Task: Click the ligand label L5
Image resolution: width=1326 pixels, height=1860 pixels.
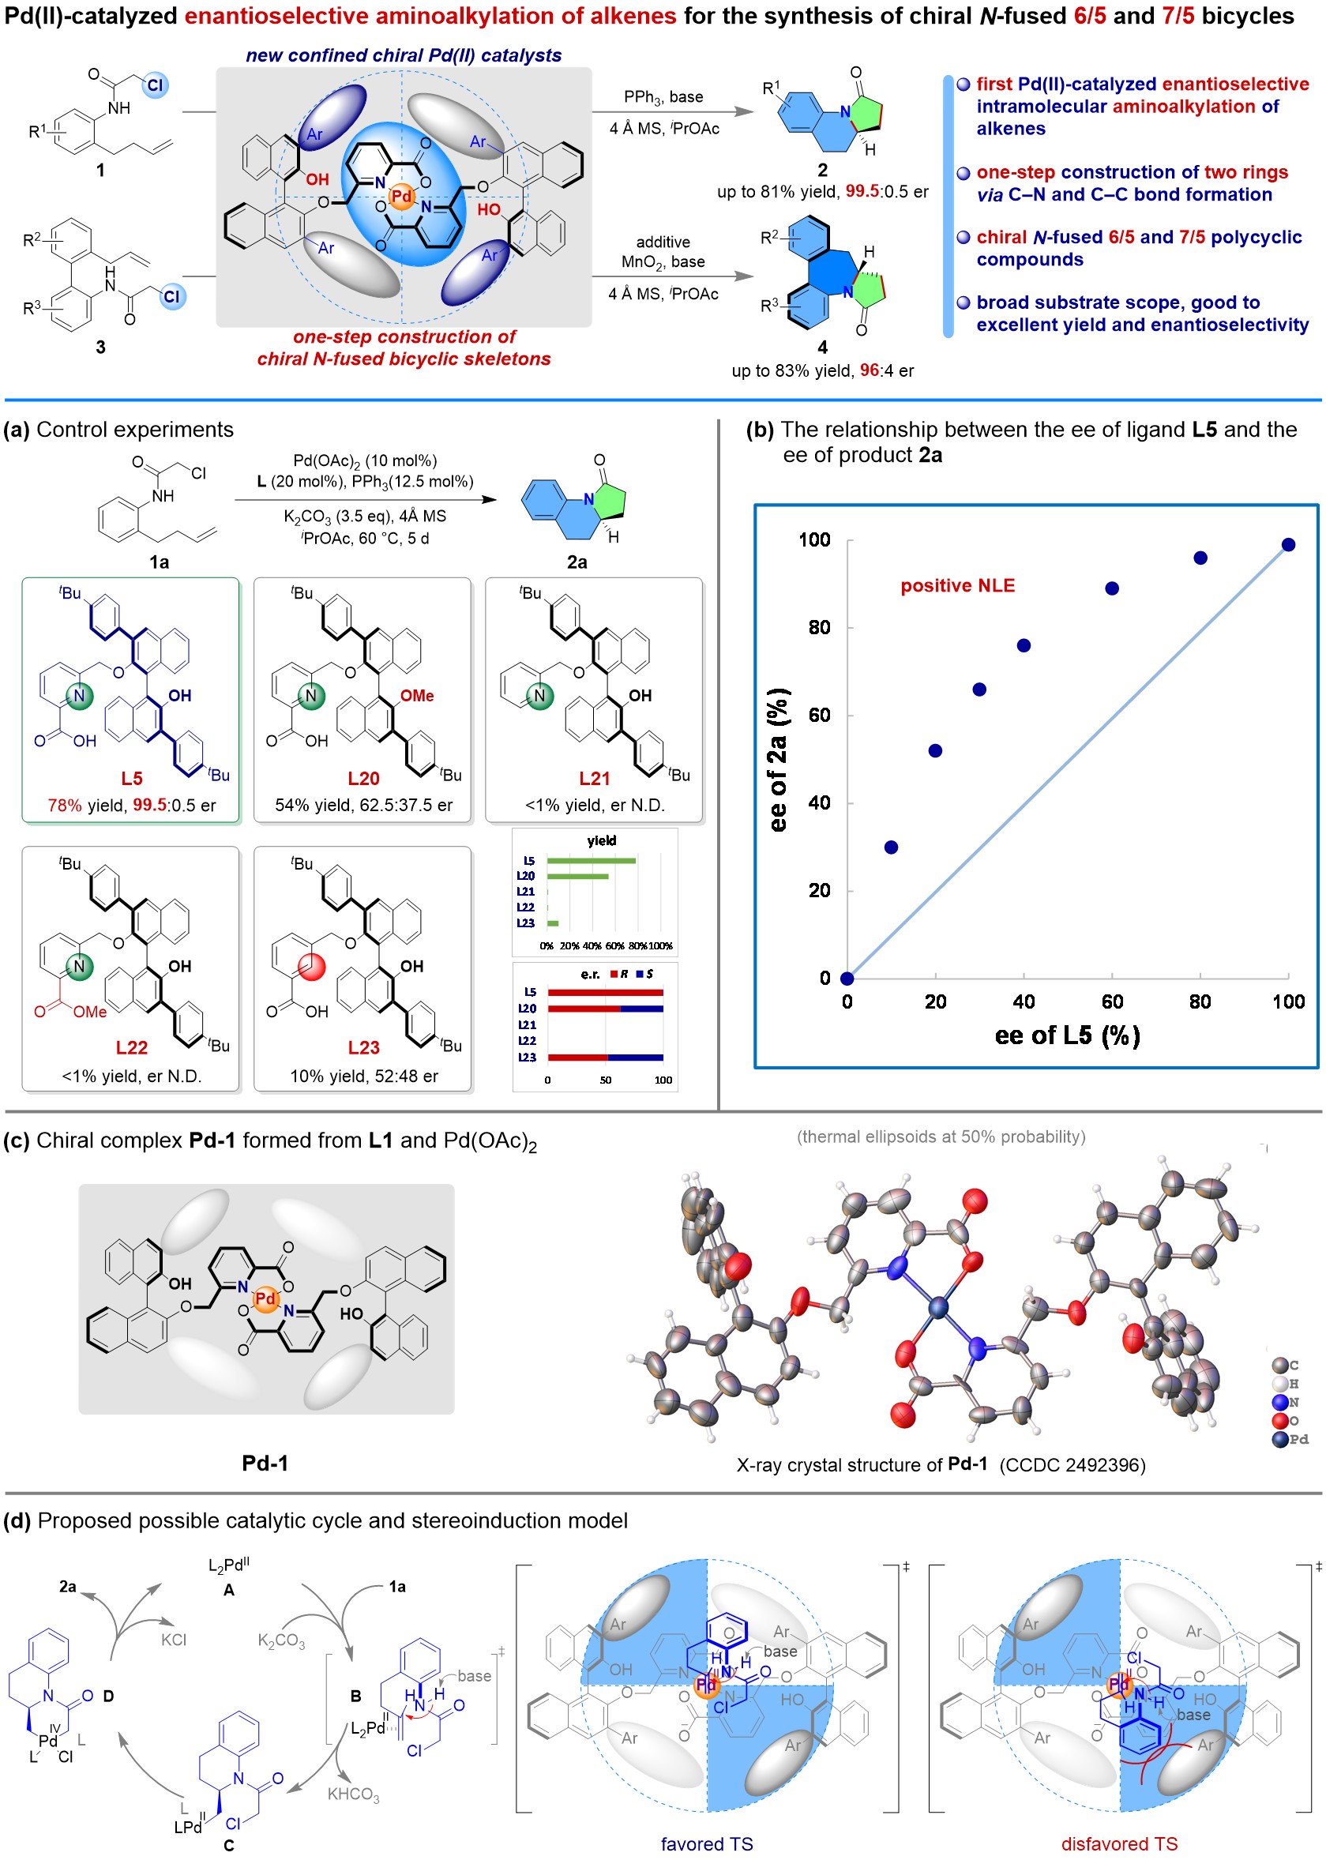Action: (x=131, y=778)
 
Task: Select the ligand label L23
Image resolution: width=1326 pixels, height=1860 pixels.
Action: (x=363, y=1047)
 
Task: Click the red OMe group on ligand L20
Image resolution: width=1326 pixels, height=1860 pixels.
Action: (x=416, y=696)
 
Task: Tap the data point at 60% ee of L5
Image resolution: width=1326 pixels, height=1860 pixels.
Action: (x=1111, y=588)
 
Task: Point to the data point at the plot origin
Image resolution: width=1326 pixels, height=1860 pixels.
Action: (x=847, y=978)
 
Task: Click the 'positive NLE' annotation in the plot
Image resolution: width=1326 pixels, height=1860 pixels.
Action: (x=957, y=585)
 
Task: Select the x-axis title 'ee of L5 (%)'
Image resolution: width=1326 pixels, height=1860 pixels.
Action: (x=1066, y=1035)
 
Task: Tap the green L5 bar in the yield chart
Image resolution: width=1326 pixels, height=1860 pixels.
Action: (x=590, y=861)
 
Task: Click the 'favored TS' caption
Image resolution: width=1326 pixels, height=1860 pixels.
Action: (x=706, y=1843)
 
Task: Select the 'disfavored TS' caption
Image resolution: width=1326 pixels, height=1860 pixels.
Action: (x=1118, y=1843)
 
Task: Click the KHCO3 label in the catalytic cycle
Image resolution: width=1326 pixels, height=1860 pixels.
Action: (x=353, y=1794)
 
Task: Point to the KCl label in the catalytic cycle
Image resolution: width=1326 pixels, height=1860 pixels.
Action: (x=173, y=1640)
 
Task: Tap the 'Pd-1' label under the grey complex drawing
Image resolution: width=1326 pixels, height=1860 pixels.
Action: (x=265, y=1463)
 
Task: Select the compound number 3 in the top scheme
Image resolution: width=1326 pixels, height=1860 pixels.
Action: (x=100, y=347)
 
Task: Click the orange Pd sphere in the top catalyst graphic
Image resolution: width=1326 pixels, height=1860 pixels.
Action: (x=402, y=197)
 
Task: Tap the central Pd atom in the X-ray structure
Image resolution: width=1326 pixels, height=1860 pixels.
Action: (x=938, y=1308)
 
